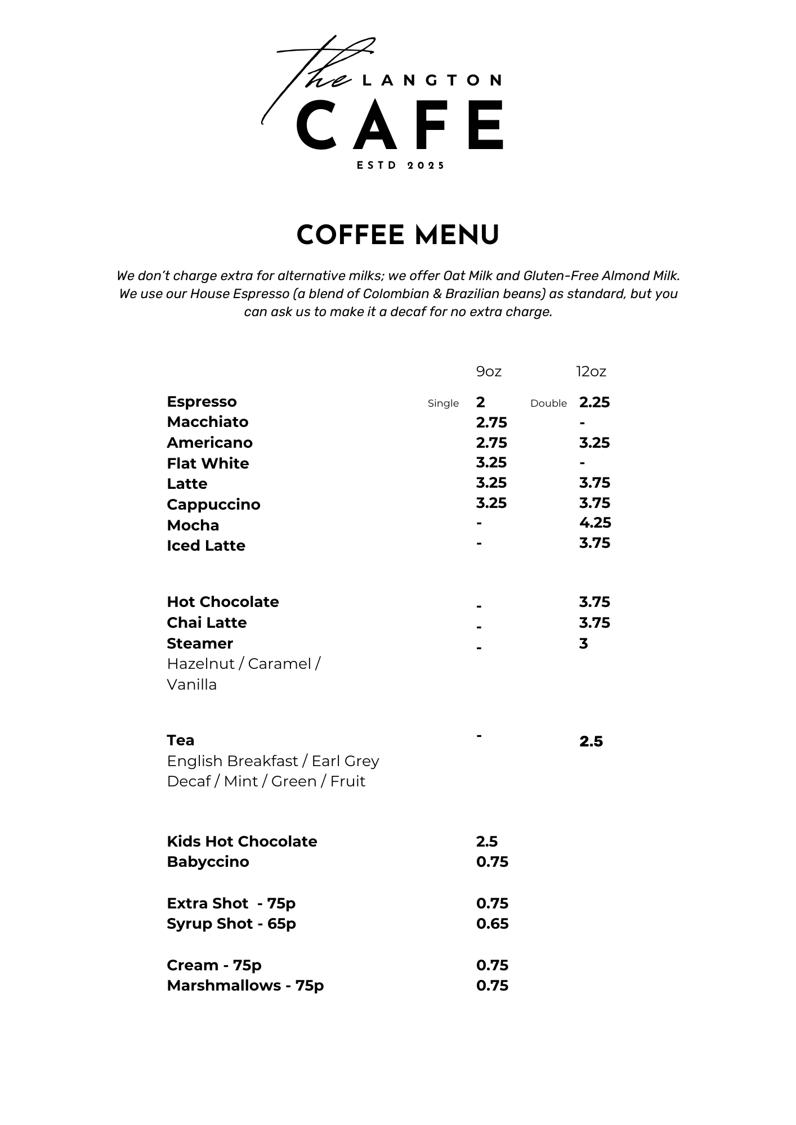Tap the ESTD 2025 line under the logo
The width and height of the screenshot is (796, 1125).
401,165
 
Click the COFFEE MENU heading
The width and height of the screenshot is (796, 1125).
398,235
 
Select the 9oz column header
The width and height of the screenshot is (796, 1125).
489,371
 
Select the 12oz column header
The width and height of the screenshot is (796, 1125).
591,371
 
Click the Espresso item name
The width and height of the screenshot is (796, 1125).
202,402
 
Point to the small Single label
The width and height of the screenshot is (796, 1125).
443,403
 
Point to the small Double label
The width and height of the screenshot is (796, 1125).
548,403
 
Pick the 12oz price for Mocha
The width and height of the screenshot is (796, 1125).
595,523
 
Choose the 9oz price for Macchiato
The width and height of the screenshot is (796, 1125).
491,422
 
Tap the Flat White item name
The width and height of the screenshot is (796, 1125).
208,463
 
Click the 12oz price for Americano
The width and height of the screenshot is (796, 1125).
594,443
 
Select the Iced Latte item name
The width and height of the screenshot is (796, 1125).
206,546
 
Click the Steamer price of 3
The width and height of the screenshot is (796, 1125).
583,643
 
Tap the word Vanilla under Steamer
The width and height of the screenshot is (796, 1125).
192,685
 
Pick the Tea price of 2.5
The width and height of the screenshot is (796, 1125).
591,741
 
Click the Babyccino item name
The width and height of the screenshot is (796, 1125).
208,862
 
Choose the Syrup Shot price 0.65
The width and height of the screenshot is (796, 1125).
492,924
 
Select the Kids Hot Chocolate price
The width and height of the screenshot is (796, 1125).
487,841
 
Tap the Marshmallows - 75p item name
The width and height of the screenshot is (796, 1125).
245,985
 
